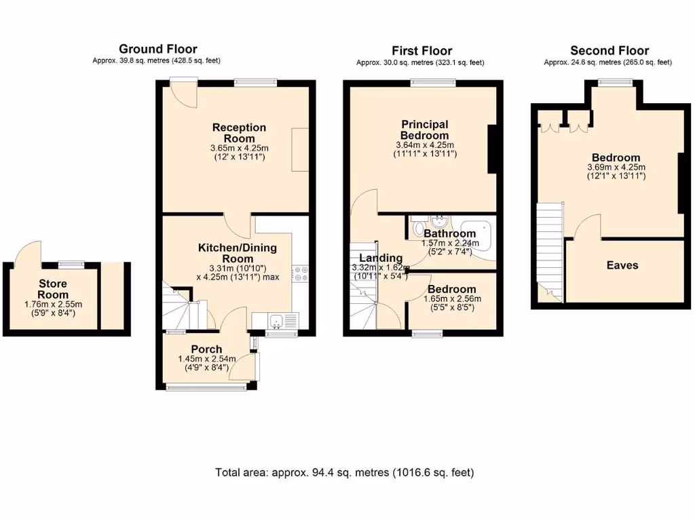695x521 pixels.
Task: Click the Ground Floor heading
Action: (x=158, y=49)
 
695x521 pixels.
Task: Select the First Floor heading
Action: (x=421, y=51)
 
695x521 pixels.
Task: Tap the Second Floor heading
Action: (x=609, y=51)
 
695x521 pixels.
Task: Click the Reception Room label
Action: (x=239, y=133)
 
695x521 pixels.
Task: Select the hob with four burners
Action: (x=301, y=274)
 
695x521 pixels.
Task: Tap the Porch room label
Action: (x=206, y=349)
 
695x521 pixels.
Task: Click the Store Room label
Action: (x=53, y=289)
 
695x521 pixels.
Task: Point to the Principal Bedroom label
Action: (x=425, y=130)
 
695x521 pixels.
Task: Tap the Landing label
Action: (x=381, y=258)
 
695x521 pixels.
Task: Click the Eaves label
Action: (x=622, y=265)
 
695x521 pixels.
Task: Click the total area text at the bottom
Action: (x=344, y=473)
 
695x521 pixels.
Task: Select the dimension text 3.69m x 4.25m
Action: (x=616, y=168)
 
